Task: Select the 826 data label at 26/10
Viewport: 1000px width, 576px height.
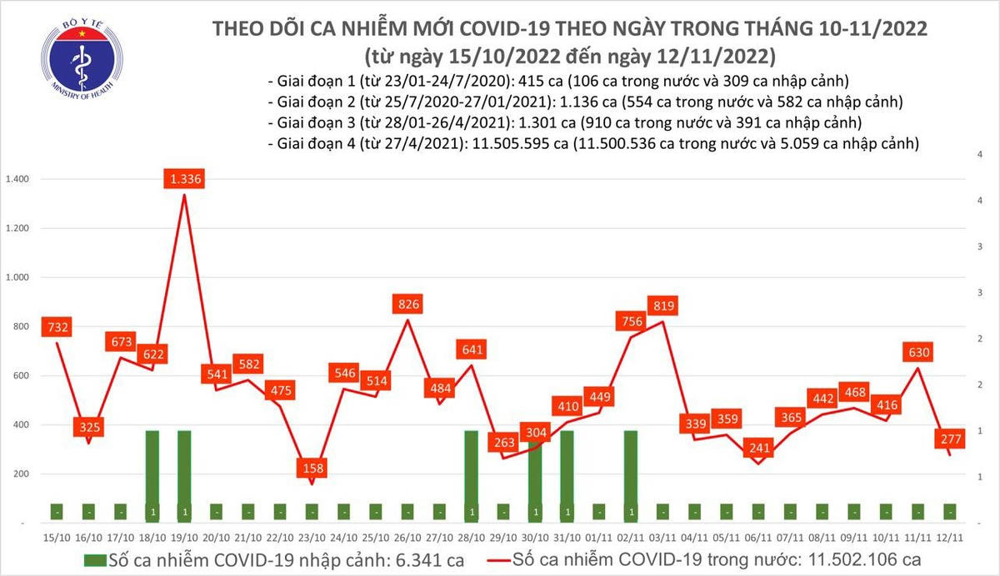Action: (407, 305)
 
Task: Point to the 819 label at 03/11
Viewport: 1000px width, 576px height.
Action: (663, 305)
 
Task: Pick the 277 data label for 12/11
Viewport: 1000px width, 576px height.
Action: (949, 439)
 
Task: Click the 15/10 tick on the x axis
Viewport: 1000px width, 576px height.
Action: (56, 539)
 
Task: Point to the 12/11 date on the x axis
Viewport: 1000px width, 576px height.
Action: (949, 539)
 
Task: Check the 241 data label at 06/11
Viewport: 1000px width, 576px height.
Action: (758, 447)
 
